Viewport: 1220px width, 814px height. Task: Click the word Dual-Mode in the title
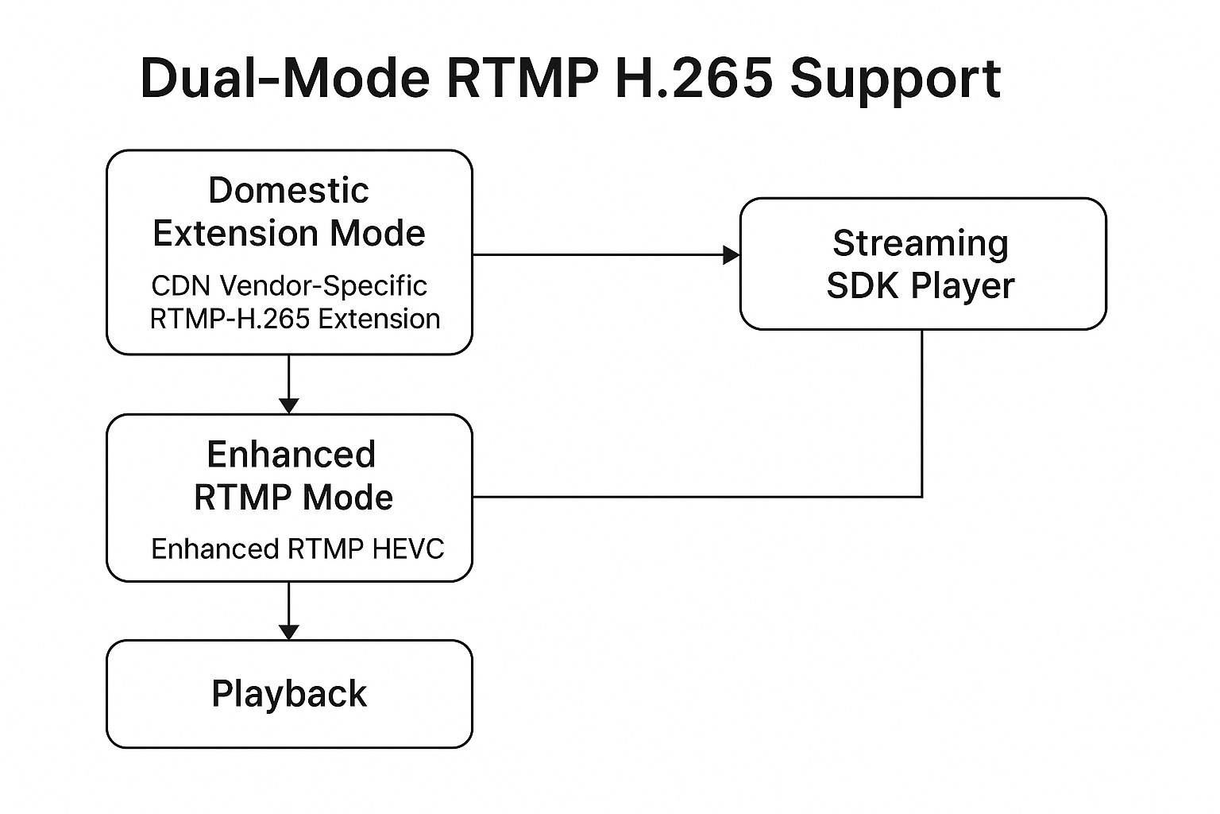(285, 78)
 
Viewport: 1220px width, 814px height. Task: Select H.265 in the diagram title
(693, 78)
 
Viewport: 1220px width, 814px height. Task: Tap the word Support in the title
(895, 81)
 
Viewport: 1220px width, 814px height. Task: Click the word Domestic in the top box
(288, 190)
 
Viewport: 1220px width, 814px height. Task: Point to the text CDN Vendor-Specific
(289, 285)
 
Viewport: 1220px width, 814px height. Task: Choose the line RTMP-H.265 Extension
(295, 319)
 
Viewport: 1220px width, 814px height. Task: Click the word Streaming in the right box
(921, 244)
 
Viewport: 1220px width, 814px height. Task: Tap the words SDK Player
(921, 285)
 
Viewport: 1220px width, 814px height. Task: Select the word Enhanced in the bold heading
(291, 454)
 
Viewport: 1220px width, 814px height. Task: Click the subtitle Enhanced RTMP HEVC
(297, 548)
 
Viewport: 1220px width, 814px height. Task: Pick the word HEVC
(408, 548)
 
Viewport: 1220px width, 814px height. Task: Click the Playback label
(289, 694)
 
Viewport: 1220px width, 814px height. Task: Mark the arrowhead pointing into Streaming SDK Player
(732, 254)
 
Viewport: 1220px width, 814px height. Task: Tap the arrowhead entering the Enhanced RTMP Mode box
(288, 406)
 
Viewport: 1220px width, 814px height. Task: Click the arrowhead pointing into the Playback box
(288, 633)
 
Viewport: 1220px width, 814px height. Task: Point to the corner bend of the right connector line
(921, 497)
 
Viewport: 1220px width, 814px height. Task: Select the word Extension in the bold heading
(235, 234)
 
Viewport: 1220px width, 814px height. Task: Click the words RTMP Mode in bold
(294, 498)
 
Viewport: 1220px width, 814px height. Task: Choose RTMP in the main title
(523, 78)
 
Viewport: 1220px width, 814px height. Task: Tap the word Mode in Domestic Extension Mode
(377, 234)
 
